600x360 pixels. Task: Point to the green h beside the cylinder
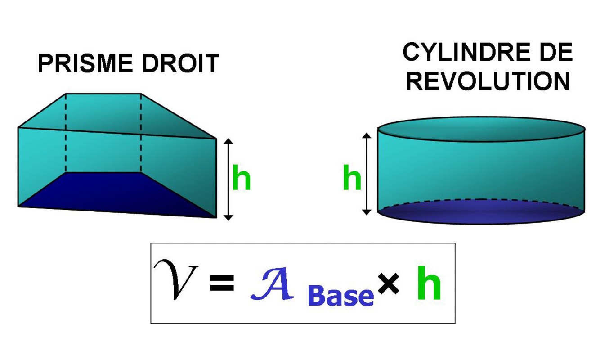(352, 179)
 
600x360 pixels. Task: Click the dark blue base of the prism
(112, 193)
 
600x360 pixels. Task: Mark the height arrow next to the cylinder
(367, 173)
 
